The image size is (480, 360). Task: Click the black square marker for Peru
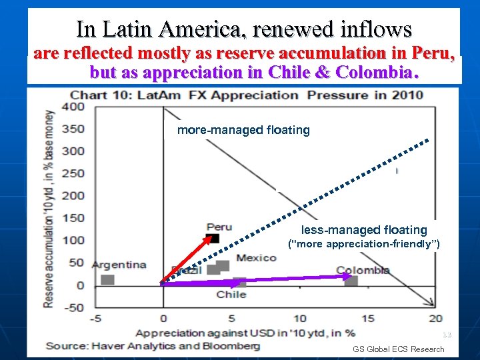[x=215, y=238]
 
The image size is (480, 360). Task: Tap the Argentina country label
[x=119, y=265]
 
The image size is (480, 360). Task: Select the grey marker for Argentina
[x=107, y=279]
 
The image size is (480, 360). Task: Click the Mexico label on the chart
[x=256, y=257]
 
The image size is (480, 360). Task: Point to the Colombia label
[x=363, y=271]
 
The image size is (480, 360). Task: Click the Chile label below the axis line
[x=231, y=294]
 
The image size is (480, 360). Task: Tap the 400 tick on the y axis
[x=73, y=107]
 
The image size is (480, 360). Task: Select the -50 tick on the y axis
[x=73, y=307]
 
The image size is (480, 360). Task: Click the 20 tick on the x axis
[x=435, y=319]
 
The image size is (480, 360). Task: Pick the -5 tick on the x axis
[x=96, y=319]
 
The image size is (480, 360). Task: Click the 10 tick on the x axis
[x=299, y=319]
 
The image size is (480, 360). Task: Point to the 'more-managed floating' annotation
[x=243, y=130]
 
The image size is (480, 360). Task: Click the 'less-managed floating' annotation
[x=364, y=230]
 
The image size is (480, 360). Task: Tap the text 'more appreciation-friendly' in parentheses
[x=364, y=245]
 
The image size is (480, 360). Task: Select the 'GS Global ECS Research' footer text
[x=399, y=349]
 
